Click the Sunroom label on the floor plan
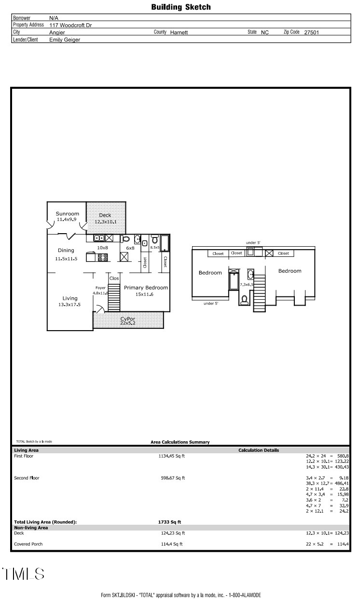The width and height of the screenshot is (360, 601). [67, 213]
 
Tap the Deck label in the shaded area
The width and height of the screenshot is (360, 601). [105, 215]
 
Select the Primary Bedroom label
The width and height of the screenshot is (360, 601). [146, 288]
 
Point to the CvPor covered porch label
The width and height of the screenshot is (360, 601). [127, 319]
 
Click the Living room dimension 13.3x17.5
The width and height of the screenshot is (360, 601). [69, 305]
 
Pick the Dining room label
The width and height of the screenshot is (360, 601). [66, 250]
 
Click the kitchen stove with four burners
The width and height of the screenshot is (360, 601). [102, 257]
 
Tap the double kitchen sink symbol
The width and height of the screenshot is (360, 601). [99, 238]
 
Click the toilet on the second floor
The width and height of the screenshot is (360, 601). [244, 299]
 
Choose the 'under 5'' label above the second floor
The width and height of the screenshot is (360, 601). [253, 243]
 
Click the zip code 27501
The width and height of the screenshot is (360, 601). [311, 32]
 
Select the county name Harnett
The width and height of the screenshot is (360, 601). [179, 32]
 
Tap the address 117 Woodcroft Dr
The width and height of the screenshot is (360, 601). [70, 25]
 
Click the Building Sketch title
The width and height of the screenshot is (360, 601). [180, 7]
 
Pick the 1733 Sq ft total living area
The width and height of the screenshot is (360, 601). [169, 522]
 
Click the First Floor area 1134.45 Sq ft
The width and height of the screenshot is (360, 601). [171, 456]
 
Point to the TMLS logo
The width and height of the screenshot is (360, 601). [23, 574]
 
